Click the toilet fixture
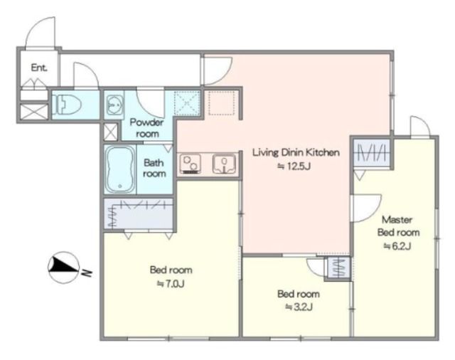tap(66, 105)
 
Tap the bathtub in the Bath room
tap(120, 169)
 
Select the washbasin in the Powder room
tap(114, 105)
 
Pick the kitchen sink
tap(224, 164)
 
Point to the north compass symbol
tap(63, 267)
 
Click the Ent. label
tap(39, 68)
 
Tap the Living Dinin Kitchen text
tap(296, 152)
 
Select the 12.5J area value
tap(294, 166)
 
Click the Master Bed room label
tap(398, 226)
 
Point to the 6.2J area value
tap(397, 246)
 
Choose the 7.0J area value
tap(171, 284)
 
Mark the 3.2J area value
tap(299, 307)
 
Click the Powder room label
tap(147, 128)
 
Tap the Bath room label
tap(154, 168)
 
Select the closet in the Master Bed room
tap(372, 153)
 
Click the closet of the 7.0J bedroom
tap(139, 213)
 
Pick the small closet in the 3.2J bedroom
tap(339, 268)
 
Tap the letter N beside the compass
tap(87, 273)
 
